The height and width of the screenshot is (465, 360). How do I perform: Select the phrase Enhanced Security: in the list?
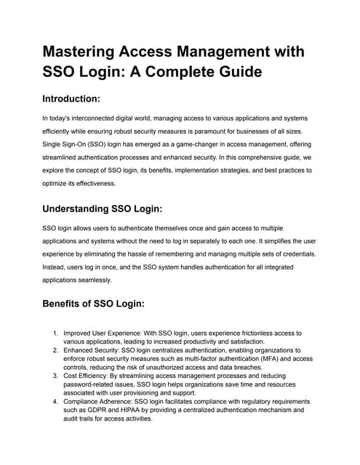[x=92, y=350]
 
